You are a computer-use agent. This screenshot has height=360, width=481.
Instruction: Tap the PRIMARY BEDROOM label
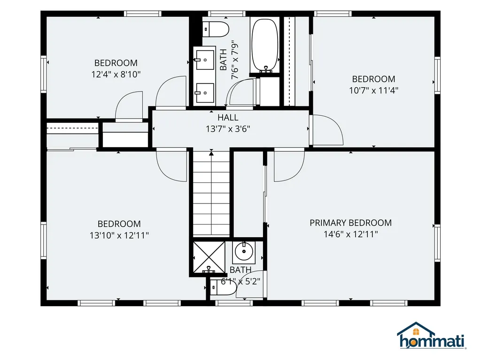point(350,223)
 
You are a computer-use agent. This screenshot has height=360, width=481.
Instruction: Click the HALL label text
point(228,118)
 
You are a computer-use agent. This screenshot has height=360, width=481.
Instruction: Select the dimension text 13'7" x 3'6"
point(228,129)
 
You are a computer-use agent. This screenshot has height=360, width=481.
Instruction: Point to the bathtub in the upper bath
point(265,45)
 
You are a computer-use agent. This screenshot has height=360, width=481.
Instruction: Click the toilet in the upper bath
point(216,29)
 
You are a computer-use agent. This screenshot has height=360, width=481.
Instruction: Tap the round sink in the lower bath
point(244,252)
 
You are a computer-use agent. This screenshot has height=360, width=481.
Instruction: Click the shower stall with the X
point(209,257)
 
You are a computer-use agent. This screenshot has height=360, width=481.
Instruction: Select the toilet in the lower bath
point(223,287)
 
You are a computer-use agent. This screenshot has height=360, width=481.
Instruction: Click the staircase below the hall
point(211,194)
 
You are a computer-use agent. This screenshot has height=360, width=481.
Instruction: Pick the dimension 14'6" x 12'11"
point(350,234)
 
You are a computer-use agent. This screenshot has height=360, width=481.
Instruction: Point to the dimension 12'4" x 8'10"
point(116,75)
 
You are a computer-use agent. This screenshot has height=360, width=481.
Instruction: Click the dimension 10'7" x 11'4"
point(373,90)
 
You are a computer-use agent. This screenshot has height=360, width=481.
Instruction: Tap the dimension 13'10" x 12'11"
point(119,235)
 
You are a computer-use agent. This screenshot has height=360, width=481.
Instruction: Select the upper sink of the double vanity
point(205,60)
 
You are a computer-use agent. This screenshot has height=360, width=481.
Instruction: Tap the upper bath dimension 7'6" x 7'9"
point(235,60)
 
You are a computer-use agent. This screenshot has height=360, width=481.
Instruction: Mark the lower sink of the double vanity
point(205,93)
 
